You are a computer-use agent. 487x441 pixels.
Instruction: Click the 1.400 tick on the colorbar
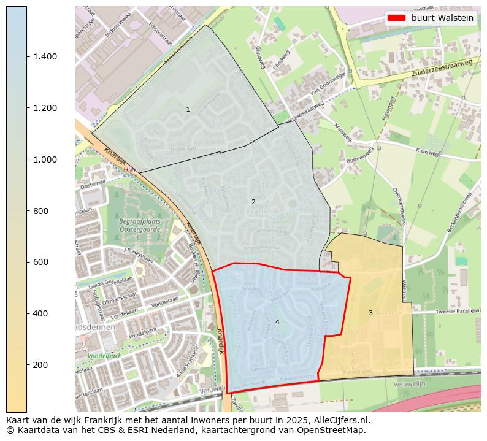click(x=45, y=56)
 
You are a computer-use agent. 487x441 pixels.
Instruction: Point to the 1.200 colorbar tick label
click(x=45, y=108)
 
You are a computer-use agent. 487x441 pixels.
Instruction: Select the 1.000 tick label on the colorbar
click(x=45, y=159)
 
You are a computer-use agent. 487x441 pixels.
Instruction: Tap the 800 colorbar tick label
click(x=40, y=211)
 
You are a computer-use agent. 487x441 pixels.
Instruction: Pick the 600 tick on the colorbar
click(x=40, y=262)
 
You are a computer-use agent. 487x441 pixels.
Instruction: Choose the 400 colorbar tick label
click(x=40, y=313)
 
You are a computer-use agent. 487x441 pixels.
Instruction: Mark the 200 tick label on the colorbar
click(x=40, y=365)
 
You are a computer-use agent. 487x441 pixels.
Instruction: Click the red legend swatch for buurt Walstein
click(x=397, y=18)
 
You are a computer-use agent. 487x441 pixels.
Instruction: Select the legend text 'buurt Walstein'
click(x=442, y=18)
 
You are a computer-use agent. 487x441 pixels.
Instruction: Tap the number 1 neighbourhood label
click(x=188, y=109)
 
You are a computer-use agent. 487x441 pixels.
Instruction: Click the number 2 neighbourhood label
click(x=253, y=202)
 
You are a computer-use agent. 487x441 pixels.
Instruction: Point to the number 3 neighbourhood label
click(x=370, y=313)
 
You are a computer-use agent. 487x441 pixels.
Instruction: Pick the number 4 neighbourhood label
click(x=277, y=322)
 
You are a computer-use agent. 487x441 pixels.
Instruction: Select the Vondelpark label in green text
click(x=104, y=356)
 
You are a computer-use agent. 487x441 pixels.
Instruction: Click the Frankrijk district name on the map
click(x=263, y=212)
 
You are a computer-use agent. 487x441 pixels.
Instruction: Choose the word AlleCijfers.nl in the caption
click(x=342, y=421)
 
